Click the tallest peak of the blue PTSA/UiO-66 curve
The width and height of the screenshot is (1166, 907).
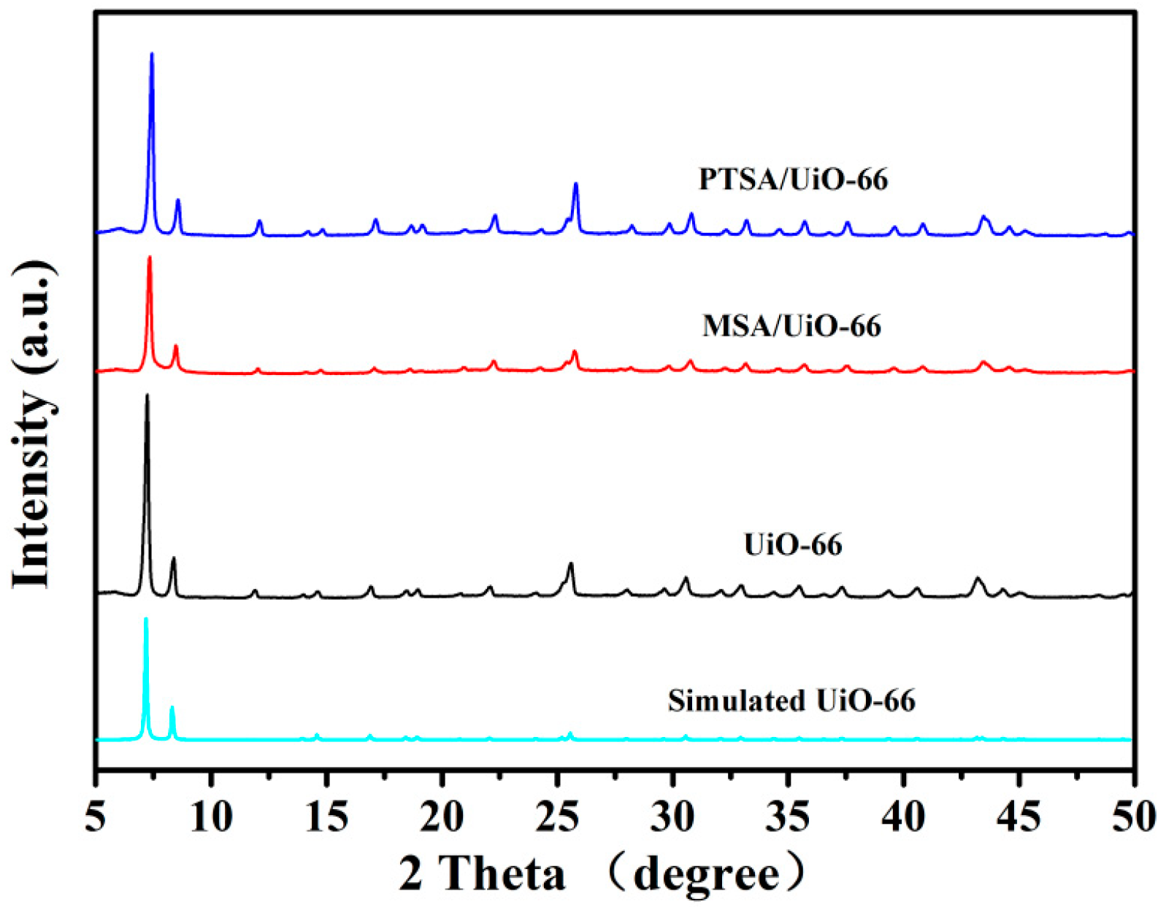coord(152,55)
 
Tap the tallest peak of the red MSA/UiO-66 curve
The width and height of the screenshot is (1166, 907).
coord(150,258)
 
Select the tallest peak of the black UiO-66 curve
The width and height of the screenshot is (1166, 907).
coord(147,396)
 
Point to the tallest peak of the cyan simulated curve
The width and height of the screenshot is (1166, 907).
coord(146,620)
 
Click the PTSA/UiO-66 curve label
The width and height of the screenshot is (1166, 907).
coord(793,180)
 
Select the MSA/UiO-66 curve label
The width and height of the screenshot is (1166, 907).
coord(791,325)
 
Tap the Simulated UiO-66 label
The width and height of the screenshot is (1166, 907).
coord(791,700)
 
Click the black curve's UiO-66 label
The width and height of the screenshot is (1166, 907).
coord(793,544)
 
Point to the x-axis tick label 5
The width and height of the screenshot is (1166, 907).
coord(96,817)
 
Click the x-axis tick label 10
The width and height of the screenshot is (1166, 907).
coord(211,817)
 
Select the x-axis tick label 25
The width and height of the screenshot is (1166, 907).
coord(557,817)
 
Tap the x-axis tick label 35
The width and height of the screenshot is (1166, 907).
coord(788,817)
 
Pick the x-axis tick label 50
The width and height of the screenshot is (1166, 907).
coord(1133,817)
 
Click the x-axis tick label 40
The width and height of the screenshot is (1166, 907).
coord(903,817)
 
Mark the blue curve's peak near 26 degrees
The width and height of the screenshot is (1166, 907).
coord(576,185)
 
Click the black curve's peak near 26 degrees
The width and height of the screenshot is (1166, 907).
coord(571,564)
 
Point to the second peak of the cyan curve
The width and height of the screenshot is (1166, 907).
coord(172,708)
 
